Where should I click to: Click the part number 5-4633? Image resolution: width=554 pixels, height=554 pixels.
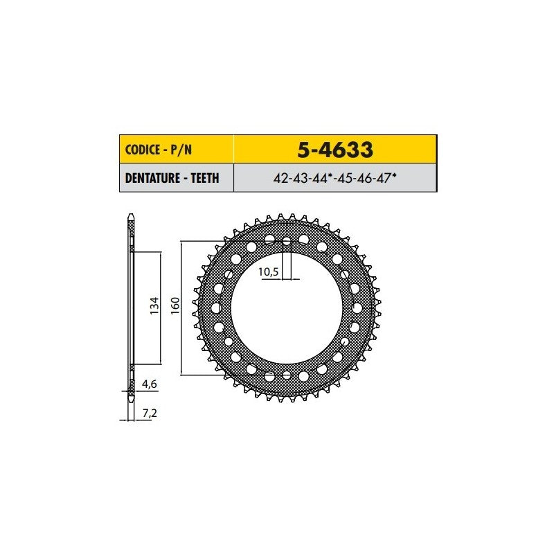click(x=335, y=150)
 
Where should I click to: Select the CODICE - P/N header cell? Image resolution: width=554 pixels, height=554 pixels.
click(x=177, y=149)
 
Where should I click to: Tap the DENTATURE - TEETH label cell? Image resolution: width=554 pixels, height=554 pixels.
click(x=177, y=178)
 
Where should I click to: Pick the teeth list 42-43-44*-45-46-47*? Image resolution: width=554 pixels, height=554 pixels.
click(x=334, y=178)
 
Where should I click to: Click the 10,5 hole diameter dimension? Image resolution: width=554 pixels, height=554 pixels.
click(x=269, y=271)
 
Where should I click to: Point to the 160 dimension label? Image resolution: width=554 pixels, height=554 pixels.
click(x=175, y=306)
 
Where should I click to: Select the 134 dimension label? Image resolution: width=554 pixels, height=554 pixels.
click(x=154, y=306)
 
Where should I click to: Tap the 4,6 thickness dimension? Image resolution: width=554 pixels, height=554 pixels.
click(x=150, y=384)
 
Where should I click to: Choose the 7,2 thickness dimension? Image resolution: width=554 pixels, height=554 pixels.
click(x=150, y=413)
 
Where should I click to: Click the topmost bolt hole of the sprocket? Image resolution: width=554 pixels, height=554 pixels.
click(x=287, y=242)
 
